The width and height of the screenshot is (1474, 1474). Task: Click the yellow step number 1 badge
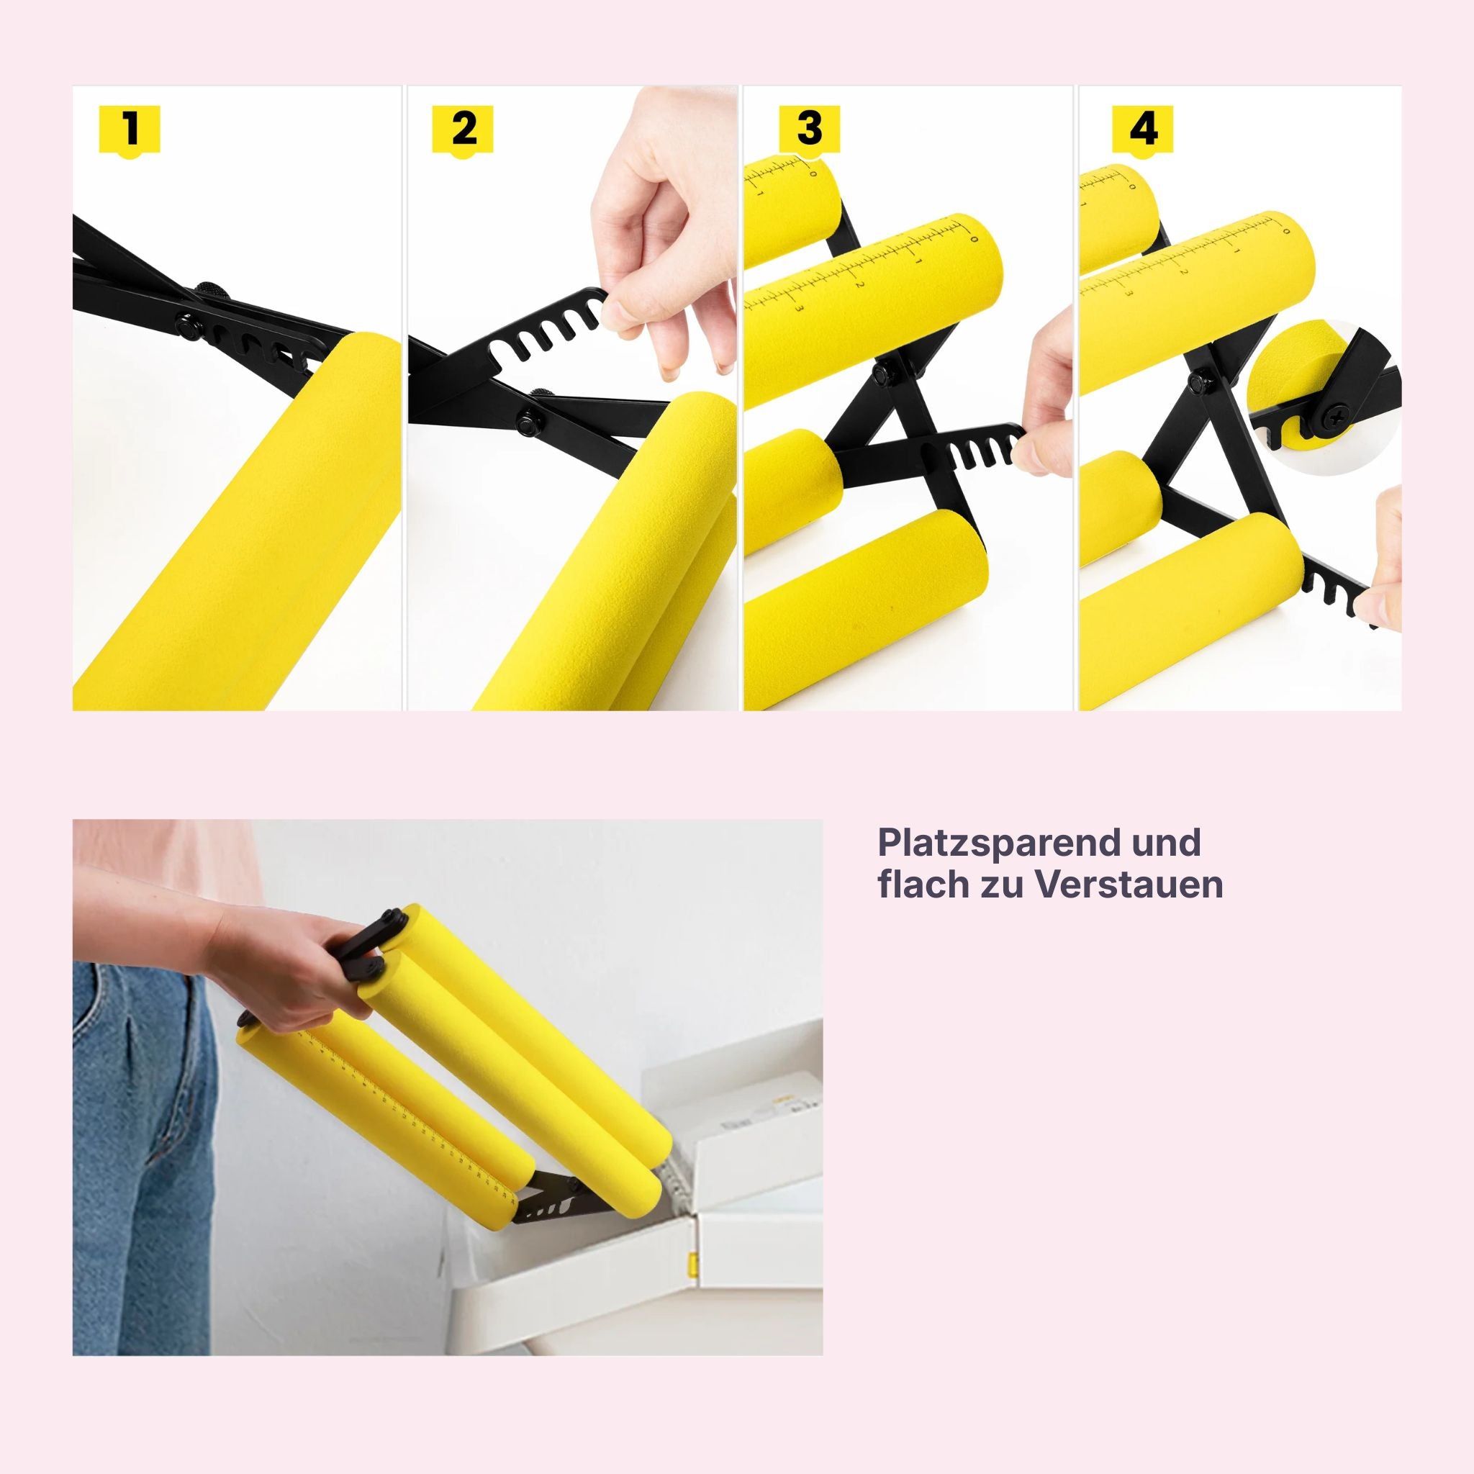(x=130, y=130)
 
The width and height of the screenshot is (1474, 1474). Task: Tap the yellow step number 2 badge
(x=463, y=130)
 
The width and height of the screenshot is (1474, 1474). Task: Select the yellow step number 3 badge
(x=810, y=130)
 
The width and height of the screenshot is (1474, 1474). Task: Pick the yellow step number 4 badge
(x=1143, y=130)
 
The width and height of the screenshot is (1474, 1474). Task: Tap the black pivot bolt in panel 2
(x=527, y=418)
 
